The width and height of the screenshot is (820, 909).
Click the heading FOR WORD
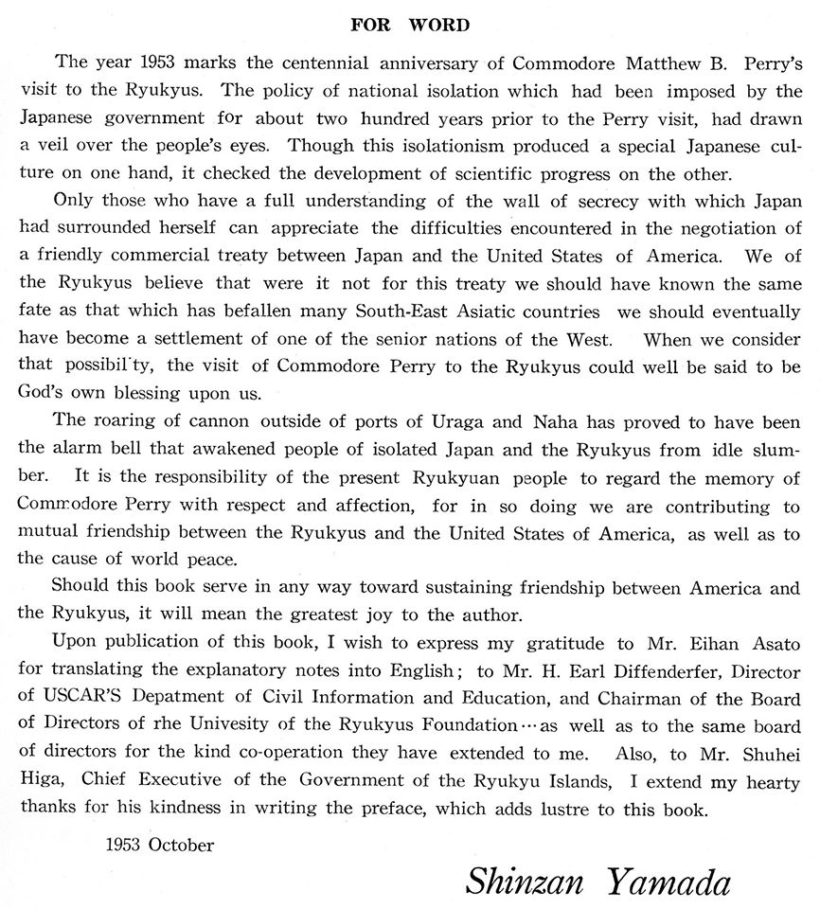pyautogui.click(x=409, y=26)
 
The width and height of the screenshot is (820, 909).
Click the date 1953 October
pyautogui.click(x=160, y=845)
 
